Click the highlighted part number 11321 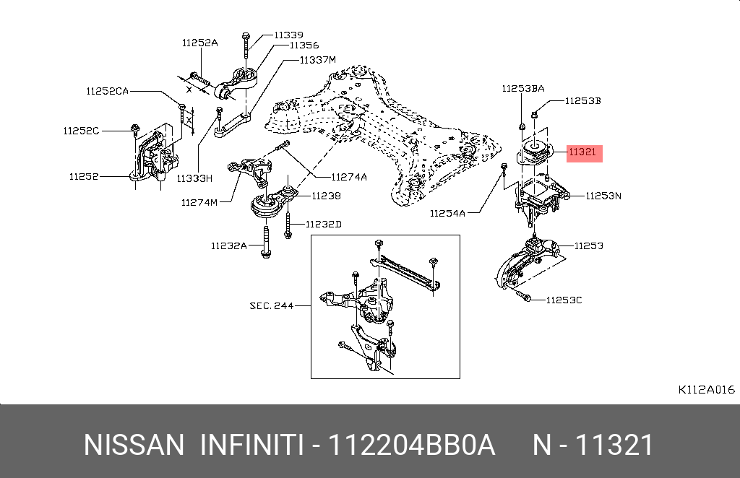(582, 152)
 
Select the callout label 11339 (288, 34)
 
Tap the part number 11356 (304, 45)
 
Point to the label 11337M (318, 59)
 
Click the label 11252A (199, 43)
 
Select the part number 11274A (349, 176)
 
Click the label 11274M (199, 202)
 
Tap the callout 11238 (327, 195)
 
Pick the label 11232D (323, 225)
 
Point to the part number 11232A (228, 245)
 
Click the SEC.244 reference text (272, 305)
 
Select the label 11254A (448, 213)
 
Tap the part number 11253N (603, 195)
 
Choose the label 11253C (564, 300)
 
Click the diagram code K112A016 (706, 389)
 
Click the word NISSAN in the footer (134, 446)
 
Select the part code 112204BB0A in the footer (412, 446)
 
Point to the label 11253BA (523, 88)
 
